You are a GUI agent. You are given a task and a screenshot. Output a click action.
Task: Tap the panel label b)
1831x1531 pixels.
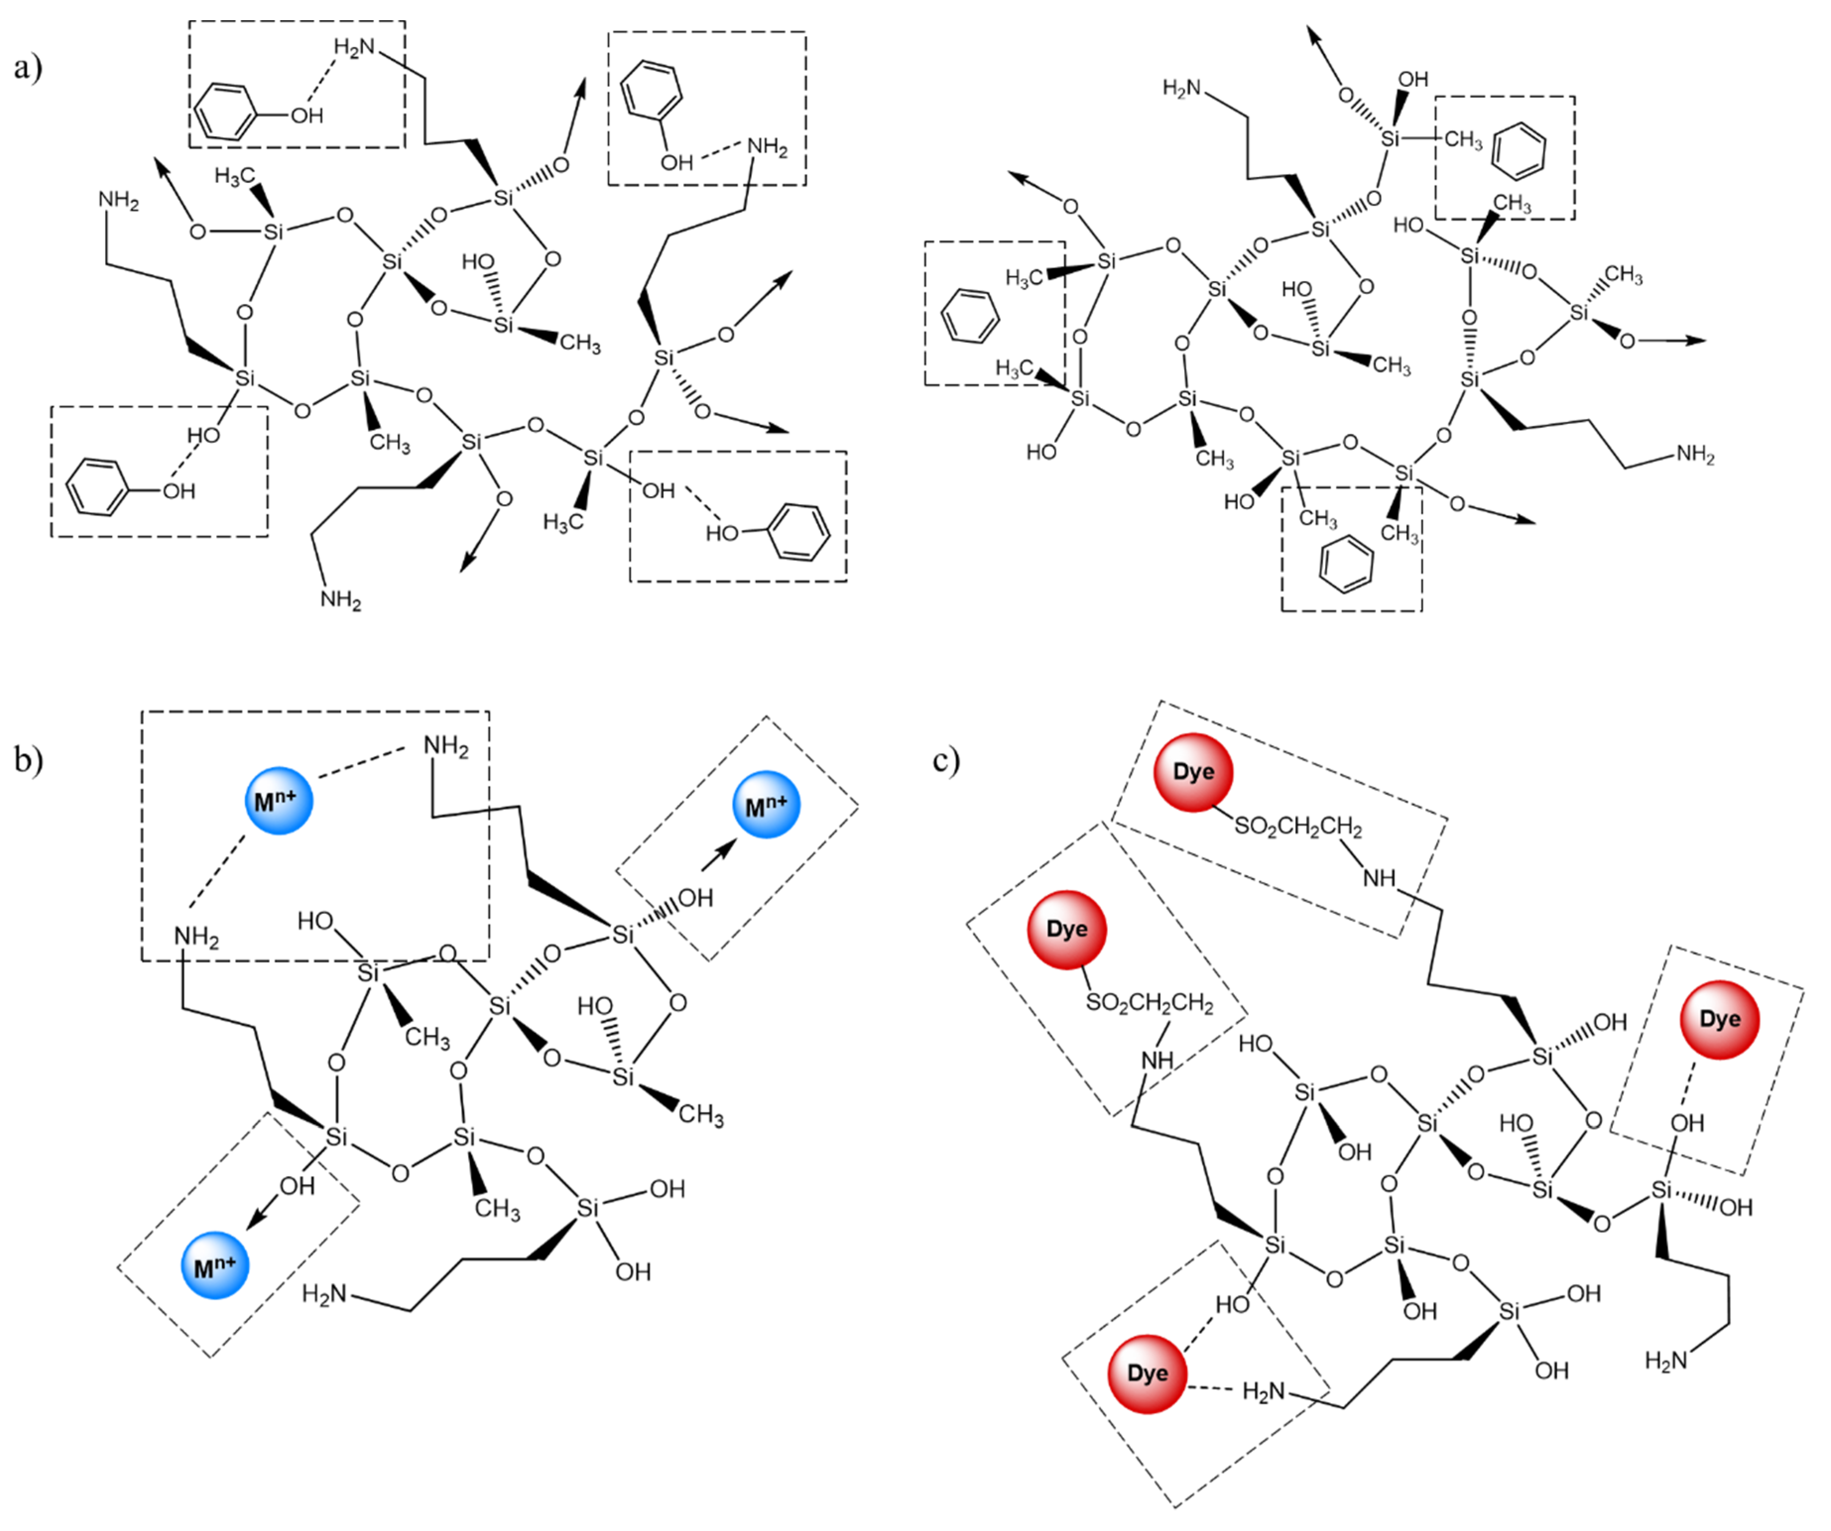tap(28, 760)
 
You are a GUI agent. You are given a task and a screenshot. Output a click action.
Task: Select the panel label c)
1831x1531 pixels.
tap(946, 760)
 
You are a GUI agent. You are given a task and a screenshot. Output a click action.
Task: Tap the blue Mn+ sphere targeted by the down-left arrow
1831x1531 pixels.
tap(214, 1266)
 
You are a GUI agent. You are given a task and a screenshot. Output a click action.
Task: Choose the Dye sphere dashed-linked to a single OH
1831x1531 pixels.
tap(1719, 1020)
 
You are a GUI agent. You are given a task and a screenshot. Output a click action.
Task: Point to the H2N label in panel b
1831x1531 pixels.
tap(324, 1294)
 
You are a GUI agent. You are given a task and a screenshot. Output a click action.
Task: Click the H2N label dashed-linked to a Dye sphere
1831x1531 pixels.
tap(1263, 1392)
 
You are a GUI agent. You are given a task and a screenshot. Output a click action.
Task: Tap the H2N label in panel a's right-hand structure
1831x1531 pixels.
tap(1181, 88)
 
